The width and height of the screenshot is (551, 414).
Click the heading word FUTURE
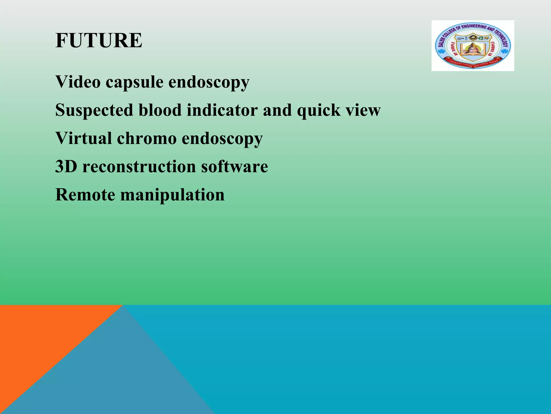(99, 40)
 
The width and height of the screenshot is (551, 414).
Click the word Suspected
(94, 111)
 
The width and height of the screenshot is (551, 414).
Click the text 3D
(66, 166)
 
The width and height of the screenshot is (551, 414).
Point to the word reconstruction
(139, 167)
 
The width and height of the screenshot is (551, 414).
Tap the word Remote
(85, 195)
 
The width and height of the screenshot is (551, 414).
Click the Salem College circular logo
(473, 46)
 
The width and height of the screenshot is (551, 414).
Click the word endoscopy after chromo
(222, 139)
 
